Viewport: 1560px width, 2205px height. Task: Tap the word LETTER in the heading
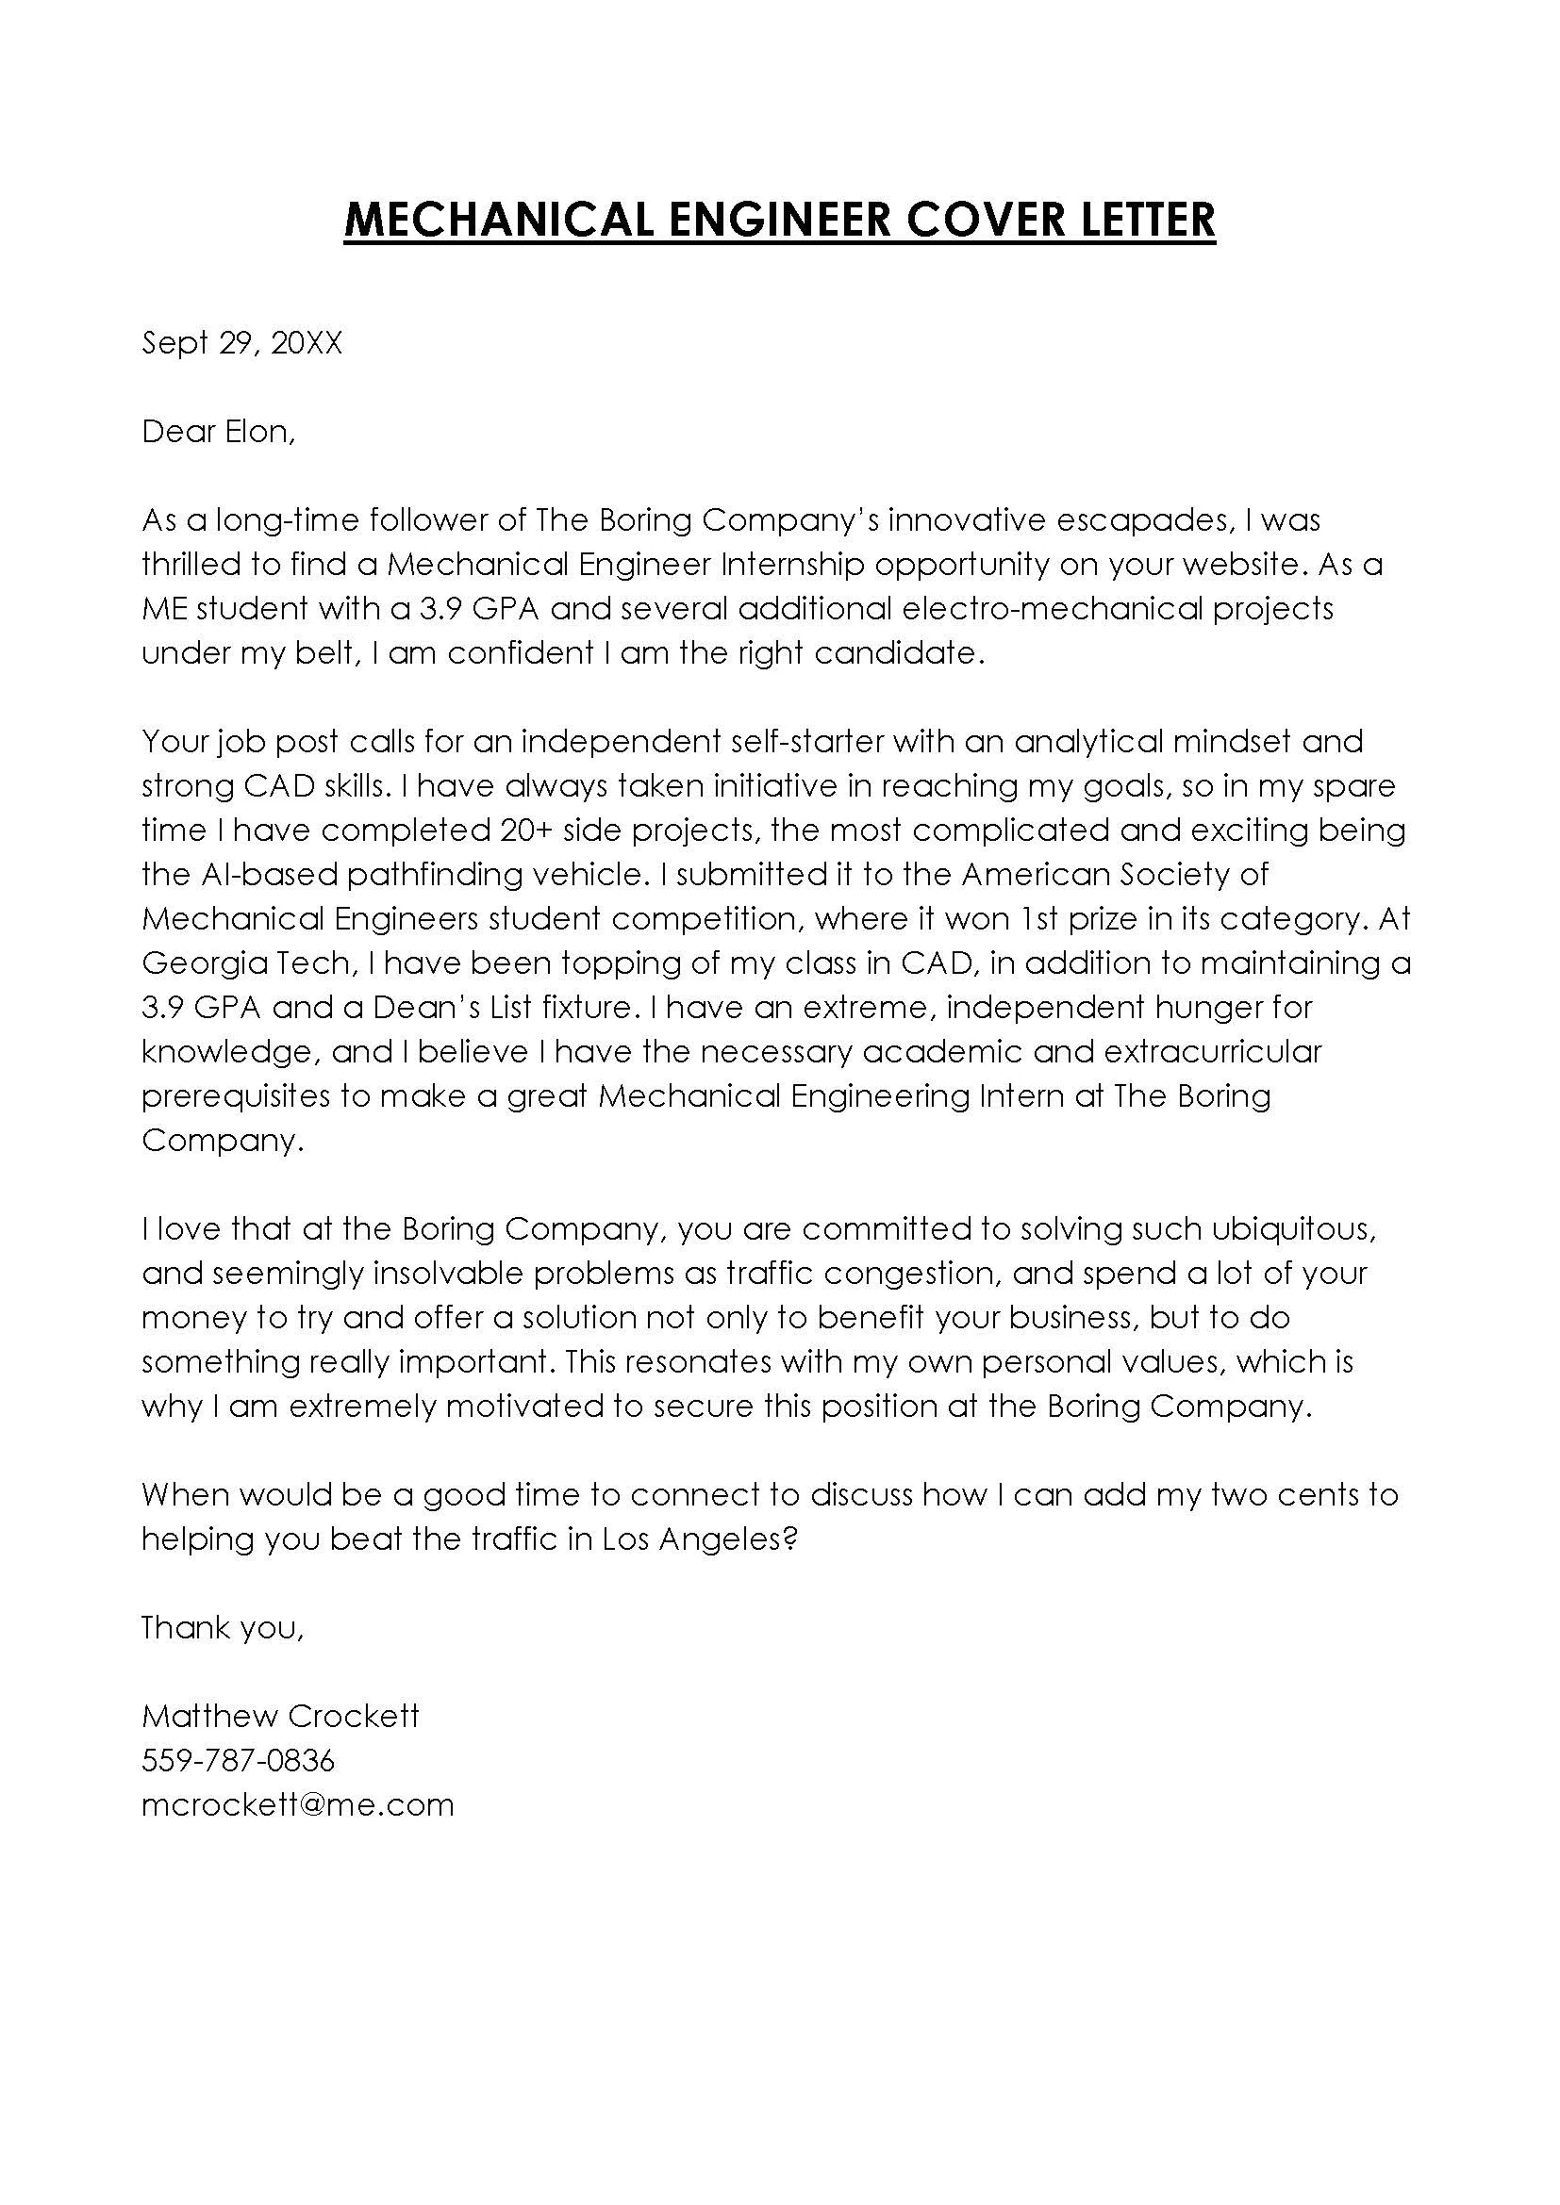point(1136,220)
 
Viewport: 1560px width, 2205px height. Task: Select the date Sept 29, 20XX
point(242,343)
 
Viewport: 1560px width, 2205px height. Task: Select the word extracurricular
point(1212,1050)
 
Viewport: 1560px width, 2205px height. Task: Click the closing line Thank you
point(223,1627)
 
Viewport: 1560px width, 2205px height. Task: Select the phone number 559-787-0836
point(239,1760)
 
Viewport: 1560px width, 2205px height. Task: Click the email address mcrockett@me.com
point(298,1804)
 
